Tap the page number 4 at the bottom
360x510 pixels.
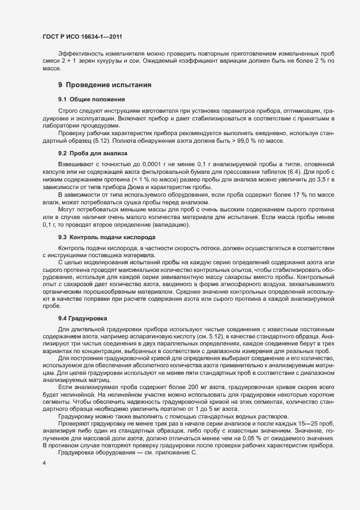[x=44, y=463]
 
